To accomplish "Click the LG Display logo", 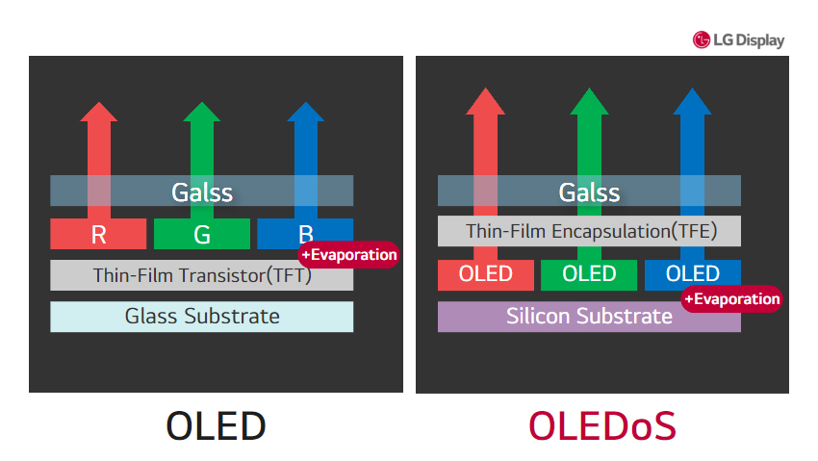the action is pos(738,39).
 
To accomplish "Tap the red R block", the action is pos(98,234).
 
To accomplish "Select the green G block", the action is pos(202,234).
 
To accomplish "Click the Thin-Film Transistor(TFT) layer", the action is pos(201,275).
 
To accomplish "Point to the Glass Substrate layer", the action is pos(201,317).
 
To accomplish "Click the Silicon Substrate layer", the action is pos(589,317).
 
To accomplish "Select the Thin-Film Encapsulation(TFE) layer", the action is pos(589,231).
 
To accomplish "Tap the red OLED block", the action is pos(486,275).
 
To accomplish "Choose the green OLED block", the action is pos(589,275).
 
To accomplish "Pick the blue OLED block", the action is pos(693,273).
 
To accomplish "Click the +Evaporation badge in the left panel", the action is pos(348,254).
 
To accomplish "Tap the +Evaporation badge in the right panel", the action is pos(732,298).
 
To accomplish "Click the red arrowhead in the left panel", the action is pos(98,112).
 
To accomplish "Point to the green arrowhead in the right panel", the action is pos(589,102).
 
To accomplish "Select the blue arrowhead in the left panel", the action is pos(306,112).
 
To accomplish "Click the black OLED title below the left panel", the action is pos(216,426).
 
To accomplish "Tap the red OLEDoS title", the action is pos(602,426).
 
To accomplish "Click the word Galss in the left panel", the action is pos(202,192).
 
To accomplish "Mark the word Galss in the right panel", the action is pos(590,192).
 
